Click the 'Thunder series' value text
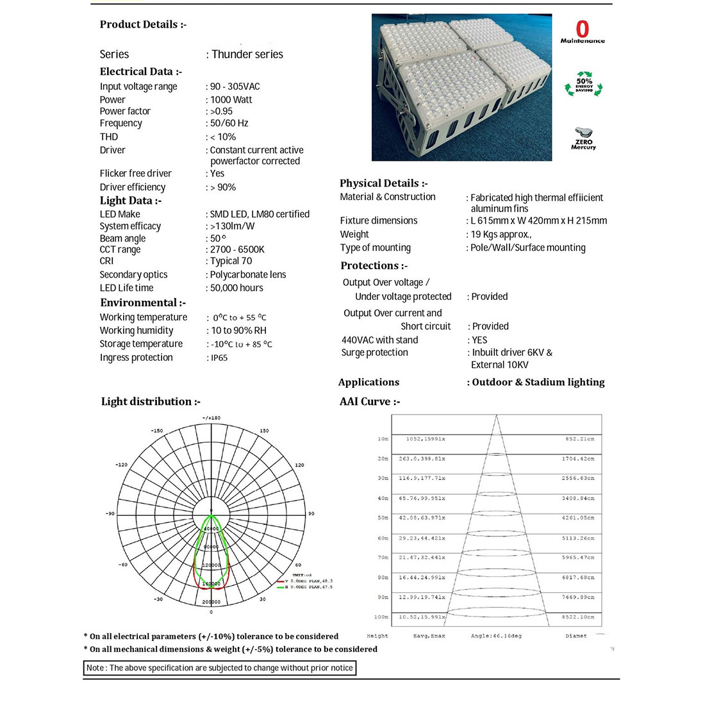pos(247,54)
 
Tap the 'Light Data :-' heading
pos(131,201)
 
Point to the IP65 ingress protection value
pos(219,358)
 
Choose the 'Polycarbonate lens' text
pos(248,274)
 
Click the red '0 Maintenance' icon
pos(582,31)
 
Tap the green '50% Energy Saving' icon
pos(584,85)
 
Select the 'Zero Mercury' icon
pos(583,138)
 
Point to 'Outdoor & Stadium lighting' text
pos(538,382)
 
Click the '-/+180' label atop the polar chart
pos(211,418)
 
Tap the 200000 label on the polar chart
pos(211,602)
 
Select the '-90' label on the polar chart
pos(110,513)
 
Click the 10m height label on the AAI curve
pos(383,439)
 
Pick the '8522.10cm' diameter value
pos(579,617)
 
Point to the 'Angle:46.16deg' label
pos(496,636)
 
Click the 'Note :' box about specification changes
pos(219,668)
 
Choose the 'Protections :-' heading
pos(374,265)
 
